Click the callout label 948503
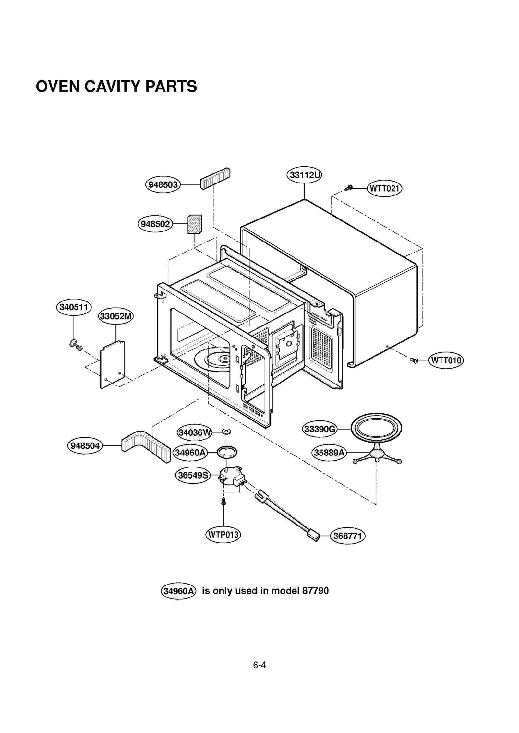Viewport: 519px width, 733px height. [163, 185]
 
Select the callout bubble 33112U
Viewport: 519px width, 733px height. [304, 175]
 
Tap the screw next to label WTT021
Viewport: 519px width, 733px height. [349, 188]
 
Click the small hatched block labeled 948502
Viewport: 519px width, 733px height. [195, 224]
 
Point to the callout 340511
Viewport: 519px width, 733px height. [74, 307]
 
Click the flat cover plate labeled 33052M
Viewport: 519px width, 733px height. [112, 364]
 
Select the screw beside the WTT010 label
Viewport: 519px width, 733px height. [414, 360]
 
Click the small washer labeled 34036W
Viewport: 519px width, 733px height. [226, 432]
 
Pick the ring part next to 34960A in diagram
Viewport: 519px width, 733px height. [227, 452]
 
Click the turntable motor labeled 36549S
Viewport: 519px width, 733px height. [231, 476]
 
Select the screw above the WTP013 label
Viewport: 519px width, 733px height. [223, 502]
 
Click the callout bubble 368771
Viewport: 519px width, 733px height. [347, 536]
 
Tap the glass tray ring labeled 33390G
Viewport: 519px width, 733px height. [376, 428]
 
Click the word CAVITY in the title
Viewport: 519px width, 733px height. [112, 87]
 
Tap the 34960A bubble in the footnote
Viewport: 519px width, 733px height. [178, 591]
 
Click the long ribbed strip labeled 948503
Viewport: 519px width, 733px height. [215, 178]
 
